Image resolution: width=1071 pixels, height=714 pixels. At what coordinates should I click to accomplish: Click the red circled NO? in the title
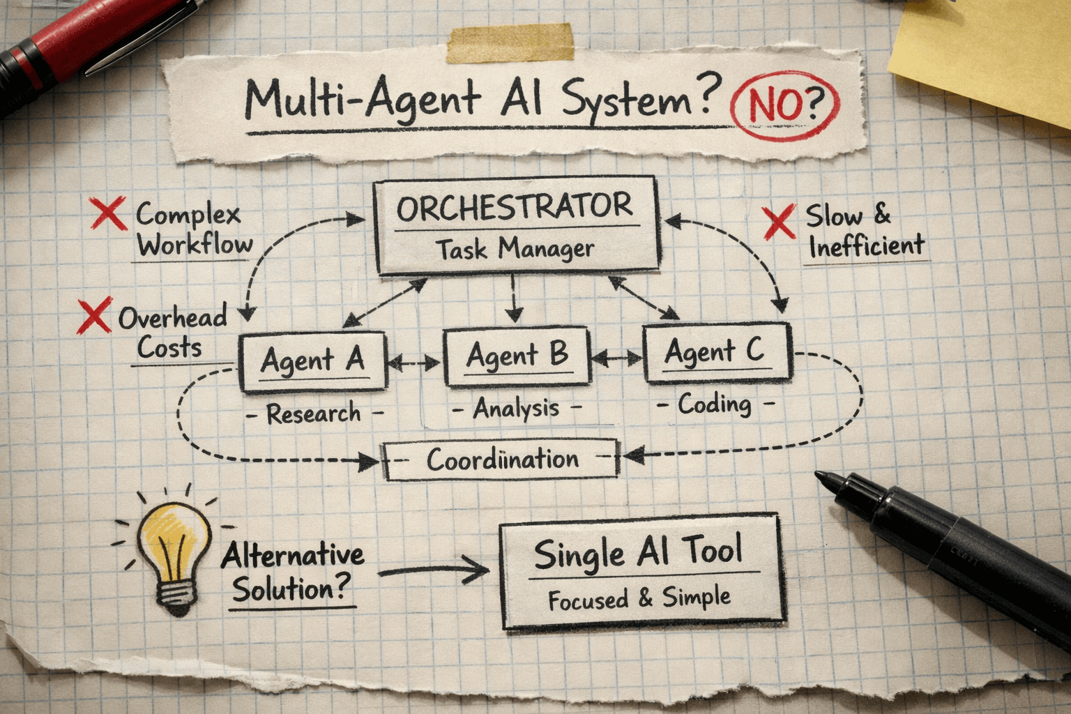[x=784, y=106]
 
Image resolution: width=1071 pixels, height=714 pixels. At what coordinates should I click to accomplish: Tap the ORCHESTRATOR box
[x=516, y=225]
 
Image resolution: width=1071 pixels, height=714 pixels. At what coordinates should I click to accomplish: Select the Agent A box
[x=312, y=361]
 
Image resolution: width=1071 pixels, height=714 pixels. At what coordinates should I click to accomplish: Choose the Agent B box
[x=517, y=356]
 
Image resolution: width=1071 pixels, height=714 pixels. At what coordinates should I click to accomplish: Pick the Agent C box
[x=716, y=353]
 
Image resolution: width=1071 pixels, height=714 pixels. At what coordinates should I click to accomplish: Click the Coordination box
[x=501, y=459]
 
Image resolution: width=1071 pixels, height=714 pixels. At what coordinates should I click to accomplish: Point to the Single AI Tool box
[x=641, y=572]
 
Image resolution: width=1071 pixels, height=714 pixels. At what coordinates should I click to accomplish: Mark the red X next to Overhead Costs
[x=94, y=316]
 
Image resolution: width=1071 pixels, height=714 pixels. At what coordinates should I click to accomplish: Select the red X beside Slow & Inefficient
[x=779, y=222]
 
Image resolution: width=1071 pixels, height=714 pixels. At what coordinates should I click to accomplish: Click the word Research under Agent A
[x=314, y=414]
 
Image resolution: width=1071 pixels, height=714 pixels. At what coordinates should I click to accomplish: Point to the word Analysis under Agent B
[x=516, y=409]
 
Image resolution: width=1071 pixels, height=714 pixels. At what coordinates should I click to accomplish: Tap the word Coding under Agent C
[x=715, y=404]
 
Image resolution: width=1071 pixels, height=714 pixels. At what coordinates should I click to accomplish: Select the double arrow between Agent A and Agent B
[x=414, y=363]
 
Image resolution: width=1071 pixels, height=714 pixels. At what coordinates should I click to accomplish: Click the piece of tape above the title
[x=512, y=42]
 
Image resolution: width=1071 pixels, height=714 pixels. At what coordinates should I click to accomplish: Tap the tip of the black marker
[x=823, y=477]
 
